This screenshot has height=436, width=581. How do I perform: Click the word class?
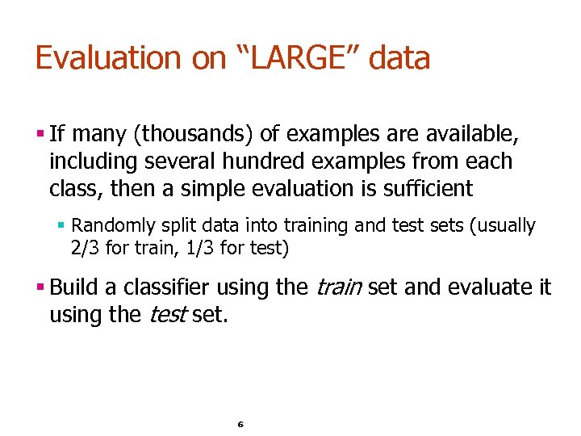69,189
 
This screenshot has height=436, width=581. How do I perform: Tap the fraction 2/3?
86,247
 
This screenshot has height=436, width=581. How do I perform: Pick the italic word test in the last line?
167,314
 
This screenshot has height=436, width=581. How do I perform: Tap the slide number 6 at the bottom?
240,424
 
